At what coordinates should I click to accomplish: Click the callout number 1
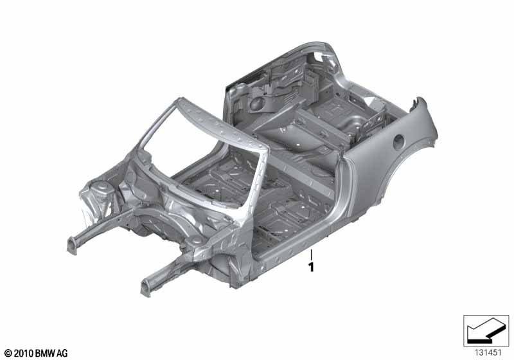pos(311,267)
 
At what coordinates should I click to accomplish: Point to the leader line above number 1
pos(312,255)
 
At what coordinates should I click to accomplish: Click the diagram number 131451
pos(488,353)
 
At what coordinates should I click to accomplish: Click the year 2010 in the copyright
pos(24,354)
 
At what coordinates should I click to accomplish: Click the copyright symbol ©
pos(8,354)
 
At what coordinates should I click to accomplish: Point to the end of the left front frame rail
pos(72,246)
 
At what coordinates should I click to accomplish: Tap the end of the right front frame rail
pos(146,287)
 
